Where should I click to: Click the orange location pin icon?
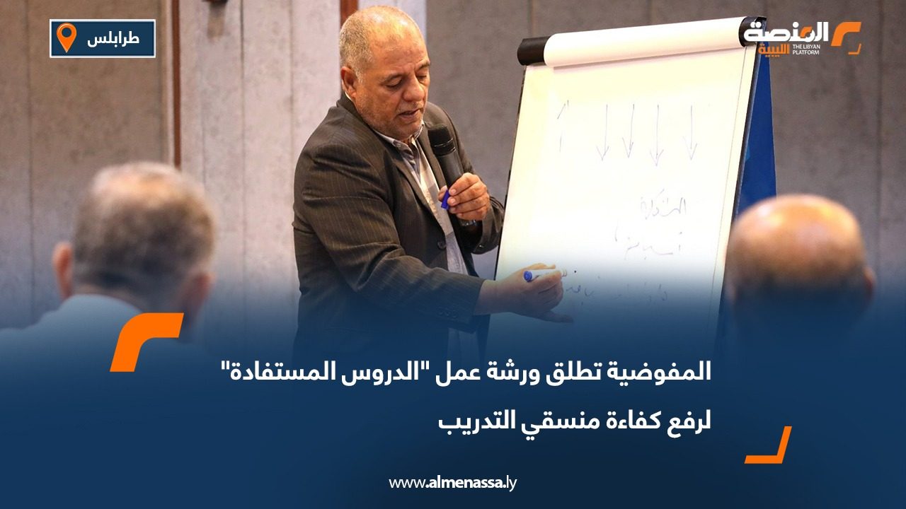click(66, 37)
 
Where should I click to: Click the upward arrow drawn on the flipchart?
click(564, 124)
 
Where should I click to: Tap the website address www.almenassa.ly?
click(453, 483)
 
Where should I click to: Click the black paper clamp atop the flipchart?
click(532, 50)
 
